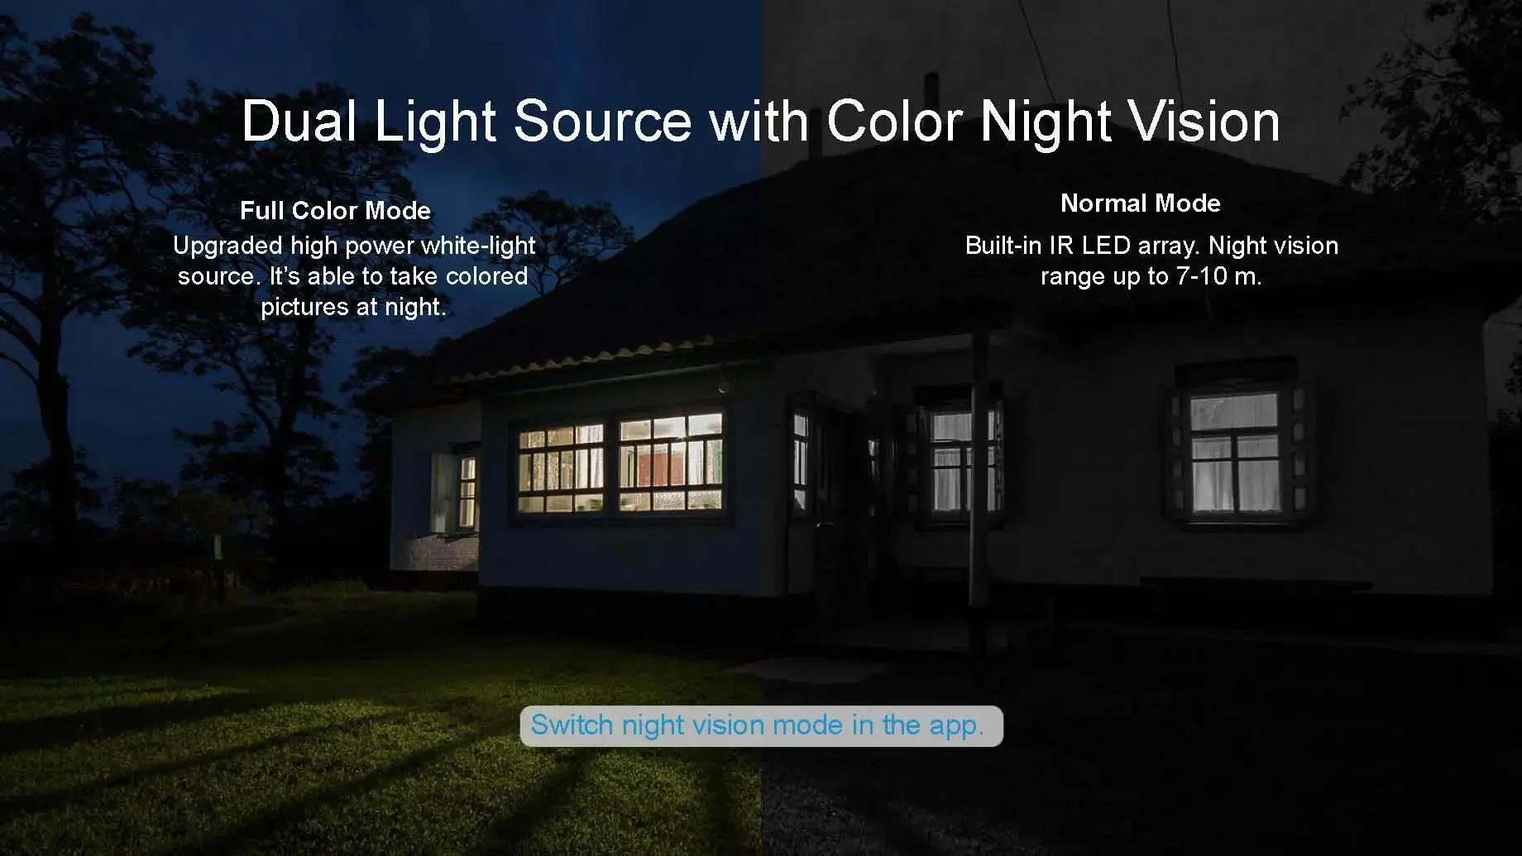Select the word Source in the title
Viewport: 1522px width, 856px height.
(x=601, y=121)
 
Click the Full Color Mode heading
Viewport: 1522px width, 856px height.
(x=335, y=211)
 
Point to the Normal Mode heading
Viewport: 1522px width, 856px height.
(x=1140, y=203)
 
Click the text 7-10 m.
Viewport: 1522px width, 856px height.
(x=1218, y=276)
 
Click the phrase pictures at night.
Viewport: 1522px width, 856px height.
(x=353, y=308)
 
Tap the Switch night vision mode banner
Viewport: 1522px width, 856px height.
(x=761, y=725)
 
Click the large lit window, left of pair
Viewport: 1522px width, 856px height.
(x=562, y=468)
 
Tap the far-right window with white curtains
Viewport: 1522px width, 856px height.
(x=1234, y=452)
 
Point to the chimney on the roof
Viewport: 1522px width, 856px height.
(x=931, y=90)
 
